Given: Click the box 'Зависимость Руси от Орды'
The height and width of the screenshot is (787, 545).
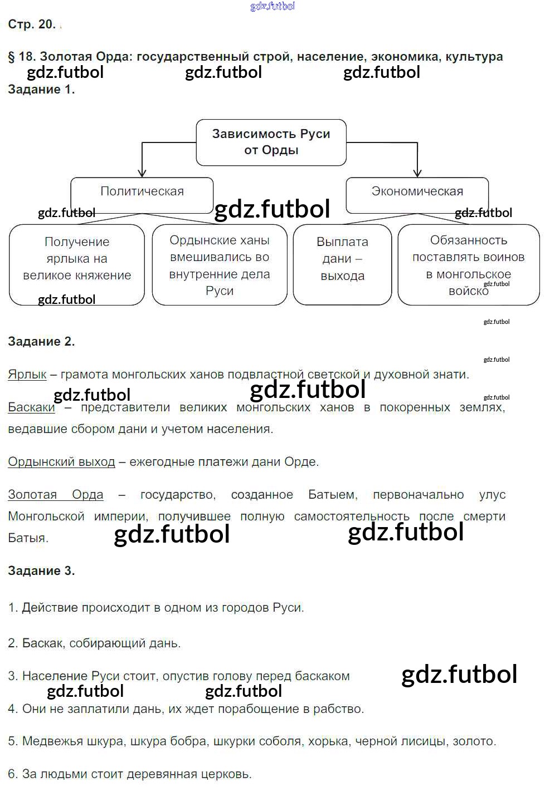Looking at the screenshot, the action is coord(271,142).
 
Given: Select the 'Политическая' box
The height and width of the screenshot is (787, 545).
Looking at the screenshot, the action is coord(142,195).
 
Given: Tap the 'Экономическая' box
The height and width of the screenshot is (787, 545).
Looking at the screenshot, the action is coord(417,195).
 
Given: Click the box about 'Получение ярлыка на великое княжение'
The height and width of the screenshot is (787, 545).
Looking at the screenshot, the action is coord(77,265).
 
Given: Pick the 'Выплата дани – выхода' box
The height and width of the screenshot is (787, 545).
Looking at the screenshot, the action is coord(342,265).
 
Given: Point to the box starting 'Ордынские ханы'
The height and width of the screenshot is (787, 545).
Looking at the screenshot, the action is coord(220,265).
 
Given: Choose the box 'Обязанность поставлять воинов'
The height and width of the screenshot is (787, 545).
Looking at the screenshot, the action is coord(469,265).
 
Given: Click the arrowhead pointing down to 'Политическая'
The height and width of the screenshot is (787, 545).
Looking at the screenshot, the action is coord(142,174).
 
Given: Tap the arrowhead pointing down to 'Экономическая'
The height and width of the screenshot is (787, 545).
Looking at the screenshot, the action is coord(417,174).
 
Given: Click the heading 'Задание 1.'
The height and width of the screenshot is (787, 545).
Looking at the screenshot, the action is coord(42,90).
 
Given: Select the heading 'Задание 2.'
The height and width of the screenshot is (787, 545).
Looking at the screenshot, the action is coord(42,341).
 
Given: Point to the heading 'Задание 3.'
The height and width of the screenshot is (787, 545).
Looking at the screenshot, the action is coord(42,570).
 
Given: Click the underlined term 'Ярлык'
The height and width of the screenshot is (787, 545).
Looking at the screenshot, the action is coord(27,375).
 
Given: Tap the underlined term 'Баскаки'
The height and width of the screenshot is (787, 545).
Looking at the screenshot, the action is coord(31,407).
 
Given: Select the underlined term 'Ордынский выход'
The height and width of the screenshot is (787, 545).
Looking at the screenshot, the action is coord(61,461).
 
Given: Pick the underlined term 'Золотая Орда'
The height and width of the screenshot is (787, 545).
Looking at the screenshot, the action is coord(56,494).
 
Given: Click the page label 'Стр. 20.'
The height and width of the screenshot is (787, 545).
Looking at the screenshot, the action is coord(32,24).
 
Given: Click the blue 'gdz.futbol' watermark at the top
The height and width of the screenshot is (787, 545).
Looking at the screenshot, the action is coord(272,6).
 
